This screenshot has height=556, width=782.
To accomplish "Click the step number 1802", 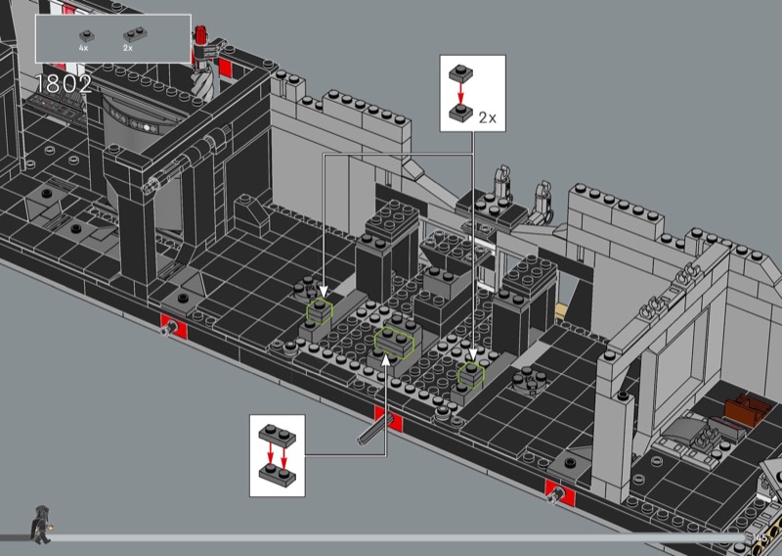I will click(64, 84).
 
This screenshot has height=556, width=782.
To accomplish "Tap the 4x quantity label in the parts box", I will click(84, 47).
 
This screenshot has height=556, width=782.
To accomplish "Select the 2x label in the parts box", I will click(128, 47).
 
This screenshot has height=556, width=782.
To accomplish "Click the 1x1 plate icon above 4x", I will click(84, 35).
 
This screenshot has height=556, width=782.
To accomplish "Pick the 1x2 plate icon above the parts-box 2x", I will click(128, 35).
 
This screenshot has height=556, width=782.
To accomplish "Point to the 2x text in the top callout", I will click(488, 117).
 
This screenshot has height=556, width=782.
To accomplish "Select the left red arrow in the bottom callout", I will click(270, 453).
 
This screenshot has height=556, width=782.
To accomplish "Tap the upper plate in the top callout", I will click(458, 72).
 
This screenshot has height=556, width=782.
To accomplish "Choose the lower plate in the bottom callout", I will click(277, 474).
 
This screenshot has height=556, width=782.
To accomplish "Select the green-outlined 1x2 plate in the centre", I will click(394, 339).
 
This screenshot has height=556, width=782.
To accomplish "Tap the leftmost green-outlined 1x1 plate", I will click(320, 311).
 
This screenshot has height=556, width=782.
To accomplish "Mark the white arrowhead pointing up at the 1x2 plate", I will click(386, 356).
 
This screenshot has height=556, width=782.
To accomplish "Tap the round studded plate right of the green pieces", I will click(531, 377).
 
